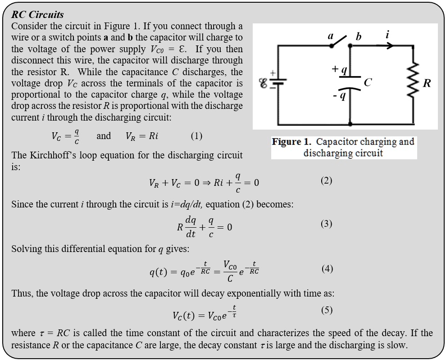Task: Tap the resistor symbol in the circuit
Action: tap(413, 83)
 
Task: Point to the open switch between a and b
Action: tap(341, 40)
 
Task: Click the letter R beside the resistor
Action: tap(427, 83)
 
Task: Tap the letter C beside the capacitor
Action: tap(368, 82)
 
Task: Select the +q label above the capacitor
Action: tap(339, 69)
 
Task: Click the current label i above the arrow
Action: tap(387, 35)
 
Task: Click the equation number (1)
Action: tap(196, 136)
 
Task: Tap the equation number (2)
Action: tap(326, 180)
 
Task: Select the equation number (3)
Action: tap(326, 224)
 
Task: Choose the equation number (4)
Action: tap(327, 269)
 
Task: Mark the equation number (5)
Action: tap(327, 310)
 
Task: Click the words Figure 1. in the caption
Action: tap(291, 142)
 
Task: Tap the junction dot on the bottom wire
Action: tap(350, 123)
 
